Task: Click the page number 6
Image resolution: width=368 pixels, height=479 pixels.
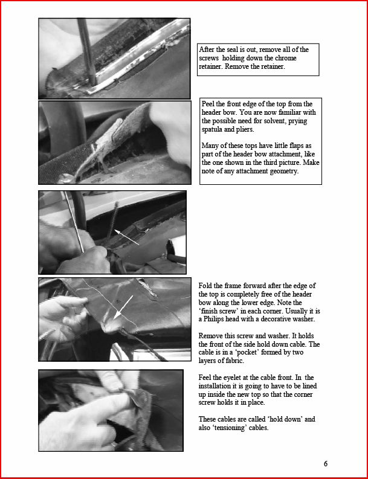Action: [326, 464]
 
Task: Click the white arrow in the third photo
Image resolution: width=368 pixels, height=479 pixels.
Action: [126, 237]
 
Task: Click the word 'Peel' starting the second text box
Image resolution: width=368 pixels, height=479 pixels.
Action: [208, 104]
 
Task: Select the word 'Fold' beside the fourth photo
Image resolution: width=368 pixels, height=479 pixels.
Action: [204, 286]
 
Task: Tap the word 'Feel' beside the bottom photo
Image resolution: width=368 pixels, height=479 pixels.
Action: [204, 378]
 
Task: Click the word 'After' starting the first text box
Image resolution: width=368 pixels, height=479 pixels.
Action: [206, 49]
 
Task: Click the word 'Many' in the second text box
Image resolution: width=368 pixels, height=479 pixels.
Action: [209, 146]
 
